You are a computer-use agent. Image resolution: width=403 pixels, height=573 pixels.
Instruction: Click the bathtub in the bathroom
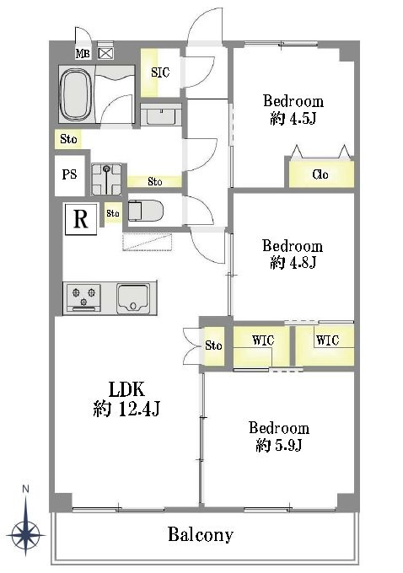click(75, 94)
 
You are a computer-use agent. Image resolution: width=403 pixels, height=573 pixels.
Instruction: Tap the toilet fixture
click(145, 211)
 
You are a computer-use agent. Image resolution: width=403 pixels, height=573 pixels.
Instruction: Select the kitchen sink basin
click(133, 298)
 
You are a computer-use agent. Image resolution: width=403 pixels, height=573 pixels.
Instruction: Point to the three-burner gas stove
click(83, 297)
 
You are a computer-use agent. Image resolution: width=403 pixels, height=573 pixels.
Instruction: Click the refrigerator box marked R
click(81, 219)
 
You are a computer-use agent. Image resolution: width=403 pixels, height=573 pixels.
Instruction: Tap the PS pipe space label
click(69, 174)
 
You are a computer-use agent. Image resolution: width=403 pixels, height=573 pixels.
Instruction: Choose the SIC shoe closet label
click(160, 72)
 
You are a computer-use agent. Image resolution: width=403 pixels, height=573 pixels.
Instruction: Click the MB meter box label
click(83, 53)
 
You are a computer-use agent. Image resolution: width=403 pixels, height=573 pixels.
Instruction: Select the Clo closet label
click(320, 174)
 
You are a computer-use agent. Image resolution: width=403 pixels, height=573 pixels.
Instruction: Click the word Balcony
click(201, 535)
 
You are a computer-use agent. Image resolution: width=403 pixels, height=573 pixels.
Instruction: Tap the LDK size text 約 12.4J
click(126, 409)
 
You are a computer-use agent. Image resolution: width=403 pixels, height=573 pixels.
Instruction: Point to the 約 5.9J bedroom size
click(278, 445)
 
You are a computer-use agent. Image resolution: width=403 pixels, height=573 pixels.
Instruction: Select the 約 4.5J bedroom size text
click(293, 119)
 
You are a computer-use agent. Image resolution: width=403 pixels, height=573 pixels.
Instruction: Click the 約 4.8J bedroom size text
click(293, 262)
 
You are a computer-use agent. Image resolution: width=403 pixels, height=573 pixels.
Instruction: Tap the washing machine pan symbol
click(106, 179)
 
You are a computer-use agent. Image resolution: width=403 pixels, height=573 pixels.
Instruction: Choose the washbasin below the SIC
click(161, 115)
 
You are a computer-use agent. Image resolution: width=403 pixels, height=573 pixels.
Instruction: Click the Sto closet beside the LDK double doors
click(213, 345)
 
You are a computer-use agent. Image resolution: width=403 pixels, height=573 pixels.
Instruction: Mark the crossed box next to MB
click(105, 53)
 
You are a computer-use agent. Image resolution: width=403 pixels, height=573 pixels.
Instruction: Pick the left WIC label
click(263, 340)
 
